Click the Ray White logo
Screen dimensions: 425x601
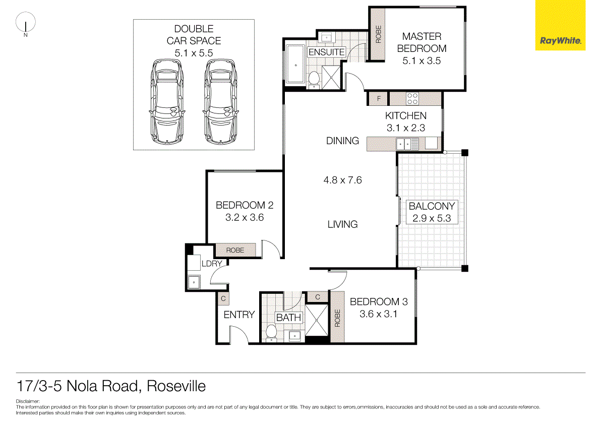(x=560, y=41)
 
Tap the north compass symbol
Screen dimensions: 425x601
(x=25, y=24)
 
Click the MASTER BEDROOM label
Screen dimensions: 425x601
(x=422, y=42)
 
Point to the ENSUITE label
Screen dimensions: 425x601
(x=326, y=52)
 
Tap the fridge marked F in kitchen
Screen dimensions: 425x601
(x=379, y=98)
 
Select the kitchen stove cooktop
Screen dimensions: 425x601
(x=412, y=98)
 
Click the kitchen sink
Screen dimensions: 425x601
(x=407, y=144)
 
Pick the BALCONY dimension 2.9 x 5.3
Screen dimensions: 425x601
(x=431, y=219)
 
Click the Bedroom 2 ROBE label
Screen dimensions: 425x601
(x=235, y=250)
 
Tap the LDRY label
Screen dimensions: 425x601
(x=212, y=264)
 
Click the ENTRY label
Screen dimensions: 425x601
(x=239, y=315)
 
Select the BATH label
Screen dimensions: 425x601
(x=288, y=318)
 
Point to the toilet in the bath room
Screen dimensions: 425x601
(x=271, y=333)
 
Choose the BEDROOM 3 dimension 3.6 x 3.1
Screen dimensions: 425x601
(x=378, y=314)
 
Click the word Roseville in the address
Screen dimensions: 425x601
(x=176, y=387)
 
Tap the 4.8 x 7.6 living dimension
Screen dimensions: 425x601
(x=342, y=180)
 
